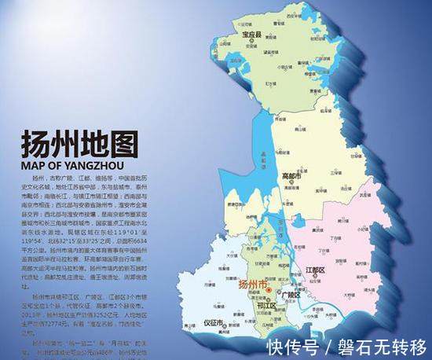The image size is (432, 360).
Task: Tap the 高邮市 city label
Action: [x=291, y=176]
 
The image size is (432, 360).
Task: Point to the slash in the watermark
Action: [x=329, y=347]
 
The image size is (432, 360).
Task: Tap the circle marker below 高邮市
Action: [x=290, y=183]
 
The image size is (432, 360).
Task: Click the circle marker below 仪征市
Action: [x=214, y=329]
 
